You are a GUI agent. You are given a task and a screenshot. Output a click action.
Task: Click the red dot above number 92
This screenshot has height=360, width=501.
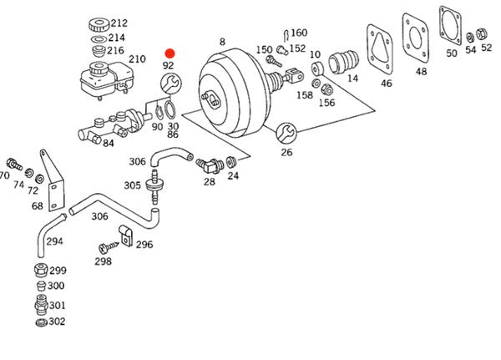(170, 53)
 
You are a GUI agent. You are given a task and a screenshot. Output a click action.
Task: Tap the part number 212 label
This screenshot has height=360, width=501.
(119, 23)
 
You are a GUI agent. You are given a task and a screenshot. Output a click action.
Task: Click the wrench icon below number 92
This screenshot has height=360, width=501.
(169, 83)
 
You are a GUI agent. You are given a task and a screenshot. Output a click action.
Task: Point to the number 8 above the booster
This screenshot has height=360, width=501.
(222, 41)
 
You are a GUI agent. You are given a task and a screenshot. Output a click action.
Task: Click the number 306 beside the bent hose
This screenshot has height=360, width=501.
(137, 162)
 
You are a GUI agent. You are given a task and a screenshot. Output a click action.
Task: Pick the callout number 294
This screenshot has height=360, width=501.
(54, 241)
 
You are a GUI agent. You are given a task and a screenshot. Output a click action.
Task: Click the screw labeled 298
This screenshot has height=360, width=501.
(106, 247)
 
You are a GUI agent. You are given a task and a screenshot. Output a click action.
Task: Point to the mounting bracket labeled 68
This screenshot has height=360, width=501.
(52, 180)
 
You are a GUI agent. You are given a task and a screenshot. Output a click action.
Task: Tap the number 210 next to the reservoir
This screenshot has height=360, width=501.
(137, 59)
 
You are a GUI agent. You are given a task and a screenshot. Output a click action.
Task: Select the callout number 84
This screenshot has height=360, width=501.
(109, 144)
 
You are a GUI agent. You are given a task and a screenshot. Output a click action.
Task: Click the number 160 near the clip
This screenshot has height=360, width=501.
(298, 33)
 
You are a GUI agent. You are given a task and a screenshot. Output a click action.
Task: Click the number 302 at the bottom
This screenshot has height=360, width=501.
(57, 322)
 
